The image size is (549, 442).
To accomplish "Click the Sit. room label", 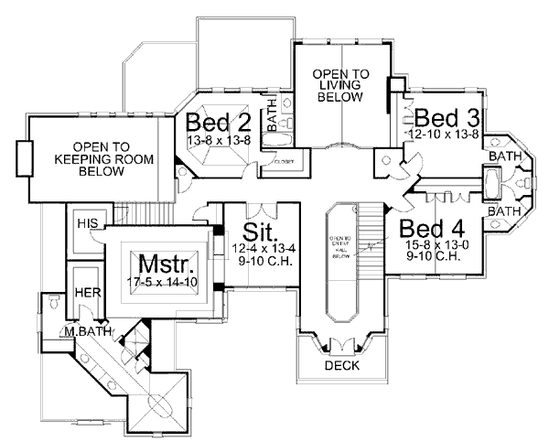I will [x=254, y=228].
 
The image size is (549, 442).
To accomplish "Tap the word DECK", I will [x=343, y=366].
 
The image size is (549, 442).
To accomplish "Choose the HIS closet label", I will [x=87, y=223].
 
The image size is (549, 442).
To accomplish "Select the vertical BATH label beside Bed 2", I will [x=272, y=119].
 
